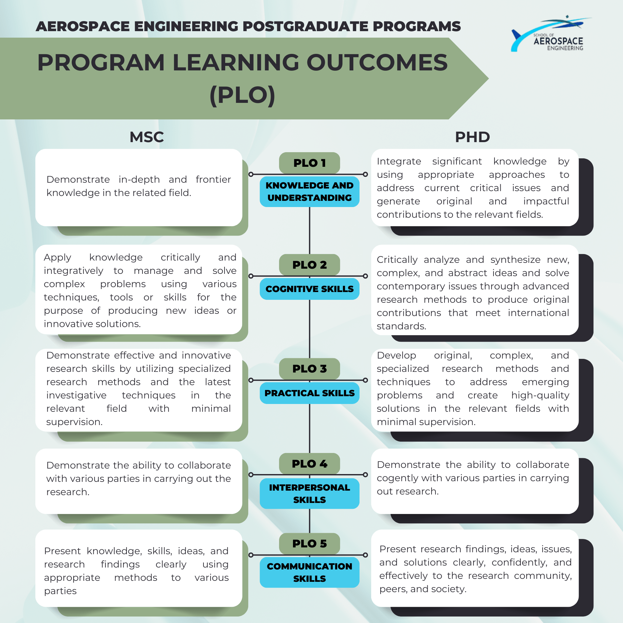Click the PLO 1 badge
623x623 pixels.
tap(309, 163)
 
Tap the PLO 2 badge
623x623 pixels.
tap(309, 265)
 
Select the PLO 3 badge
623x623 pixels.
tap(309, 369)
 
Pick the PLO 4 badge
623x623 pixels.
tap(309, 464)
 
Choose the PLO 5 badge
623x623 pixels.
tap(309, 544)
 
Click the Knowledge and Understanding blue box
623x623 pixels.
tap(309, 191)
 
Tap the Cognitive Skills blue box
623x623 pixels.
tap(309, 289)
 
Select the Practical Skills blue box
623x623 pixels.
tap(309, 393)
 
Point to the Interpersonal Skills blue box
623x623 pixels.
tap(309, 494)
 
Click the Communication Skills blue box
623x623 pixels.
tap(309, 572)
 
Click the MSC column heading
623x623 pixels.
tap(147, 137)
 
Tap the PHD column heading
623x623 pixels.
tap(472, 137)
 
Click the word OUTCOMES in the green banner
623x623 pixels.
tap(377, 62)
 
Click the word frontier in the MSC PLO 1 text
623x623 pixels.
tap(213, 179)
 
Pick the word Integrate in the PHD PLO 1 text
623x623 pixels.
tap(399, 161)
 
